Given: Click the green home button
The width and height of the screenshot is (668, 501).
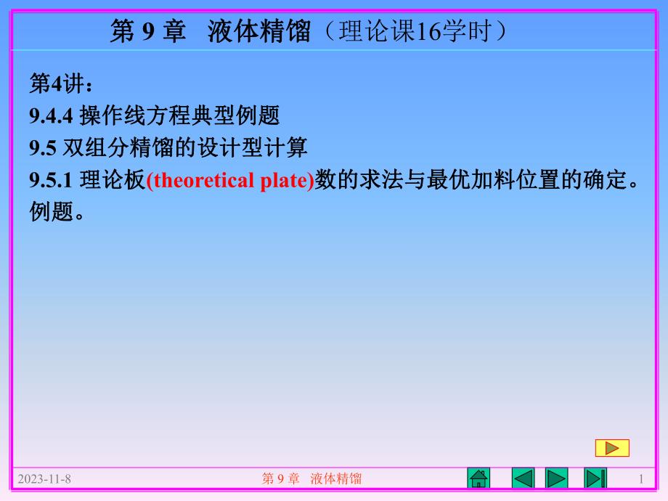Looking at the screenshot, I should coord(478,478).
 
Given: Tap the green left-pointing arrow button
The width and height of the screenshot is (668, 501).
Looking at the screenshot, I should coord(523,478).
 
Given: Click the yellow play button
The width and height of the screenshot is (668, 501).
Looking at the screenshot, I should coord(612,448).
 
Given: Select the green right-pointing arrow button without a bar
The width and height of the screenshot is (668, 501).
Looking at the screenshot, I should coord(557,478).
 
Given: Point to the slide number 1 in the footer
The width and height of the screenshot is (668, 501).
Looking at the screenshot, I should coord(640,478).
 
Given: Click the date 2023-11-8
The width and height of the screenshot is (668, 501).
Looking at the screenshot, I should coord(44,478).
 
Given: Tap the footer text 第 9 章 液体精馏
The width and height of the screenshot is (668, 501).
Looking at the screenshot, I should coord(311,478).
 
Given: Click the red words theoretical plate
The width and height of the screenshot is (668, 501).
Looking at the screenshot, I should coord(230,181).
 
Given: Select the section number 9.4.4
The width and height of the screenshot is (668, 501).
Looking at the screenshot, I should coord(52,116).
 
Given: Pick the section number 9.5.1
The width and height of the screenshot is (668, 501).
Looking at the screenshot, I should coord(52,181).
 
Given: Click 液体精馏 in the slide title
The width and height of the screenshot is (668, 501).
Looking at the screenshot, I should coord(259,32).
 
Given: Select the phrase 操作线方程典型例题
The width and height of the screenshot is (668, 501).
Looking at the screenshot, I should coord(179,116).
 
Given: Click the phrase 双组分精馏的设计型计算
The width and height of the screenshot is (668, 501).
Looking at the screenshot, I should coord(184,148).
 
